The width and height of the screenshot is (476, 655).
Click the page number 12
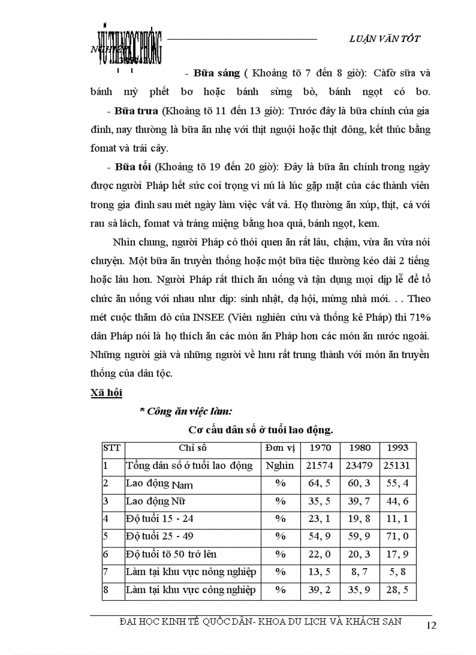(x=432, y=626)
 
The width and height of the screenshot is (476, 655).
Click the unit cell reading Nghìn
(x=279, y=465)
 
